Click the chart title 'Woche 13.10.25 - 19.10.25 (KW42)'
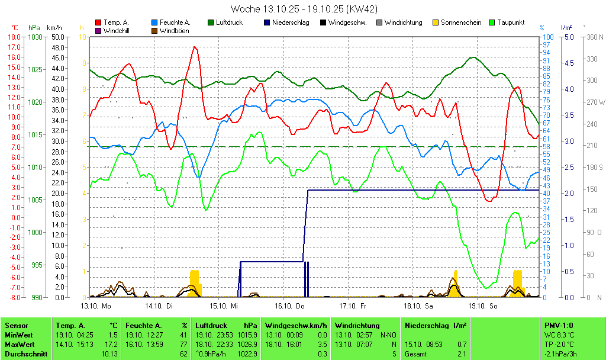coord(304,9)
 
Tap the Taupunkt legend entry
coord(511,22)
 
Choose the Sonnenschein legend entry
coord(461,22)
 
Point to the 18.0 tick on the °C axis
coord(14,37)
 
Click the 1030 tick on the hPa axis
coord(35,37)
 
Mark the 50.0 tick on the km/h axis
coord(57,37)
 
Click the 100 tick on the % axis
coord(548,37)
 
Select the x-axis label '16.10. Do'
coord(290,306)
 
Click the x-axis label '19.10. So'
coord(483,306)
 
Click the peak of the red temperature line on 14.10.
coord(194,47)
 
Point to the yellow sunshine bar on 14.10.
coord(195,283)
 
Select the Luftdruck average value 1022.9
coord(250,353)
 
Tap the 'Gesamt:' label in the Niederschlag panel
coord(416,353)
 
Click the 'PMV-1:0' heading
coord(559,325)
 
